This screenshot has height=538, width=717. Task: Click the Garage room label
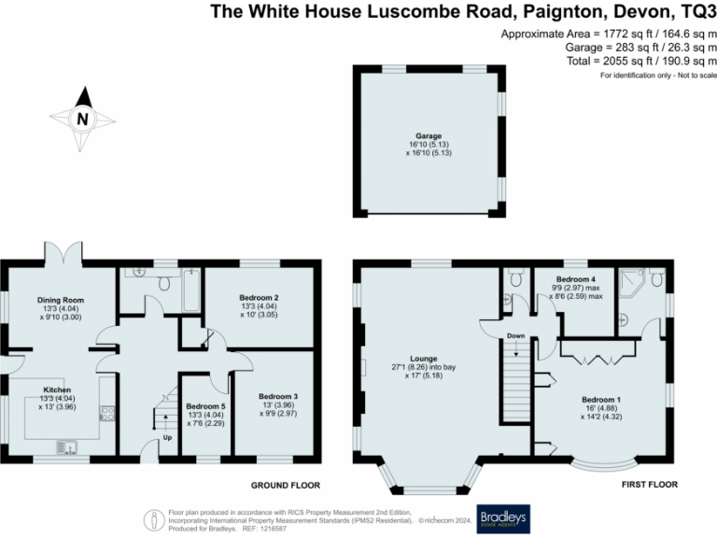click(x=429, y=136)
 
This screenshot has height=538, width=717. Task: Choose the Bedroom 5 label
click(x=205, y=407)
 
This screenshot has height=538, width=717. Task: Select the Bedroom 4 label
click(x=575, y=279)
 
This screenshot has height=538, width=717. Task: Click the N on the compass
click(x=82, y=119)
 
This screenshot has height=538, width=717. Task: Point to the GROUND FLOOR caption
click(x=286, y=486)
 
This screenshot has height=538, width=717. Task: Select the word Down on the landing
click(x=516, y=334)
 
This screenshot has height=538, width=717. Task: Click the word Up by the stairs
click(x=167, y=436)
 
